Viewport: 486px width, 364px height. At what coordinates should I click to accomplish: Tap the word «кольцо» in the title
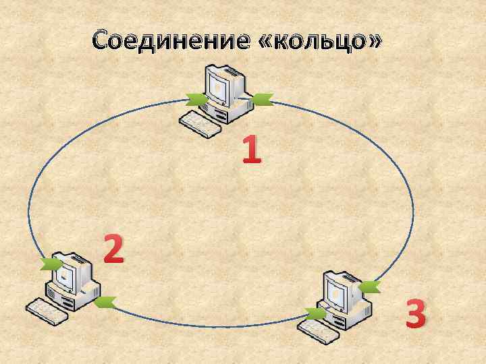pos(321,41)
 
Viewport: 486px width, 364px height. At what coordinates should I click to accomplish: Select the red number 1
pos(251,150)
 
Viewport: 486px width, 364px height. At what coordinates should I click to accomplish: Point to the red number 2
pos(113,249)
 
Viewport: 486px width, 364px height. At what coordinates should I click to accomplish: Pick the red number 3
pos(416,314)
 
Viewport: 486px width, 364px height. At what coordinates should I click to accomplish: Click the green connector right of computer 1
pos(261,101)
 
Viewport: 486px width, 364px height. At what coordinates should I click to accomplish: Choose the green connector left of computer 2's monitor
pos(49,264)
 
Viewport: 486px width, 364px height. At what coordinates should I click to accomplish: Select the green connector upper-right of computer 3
pos(369,288)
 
